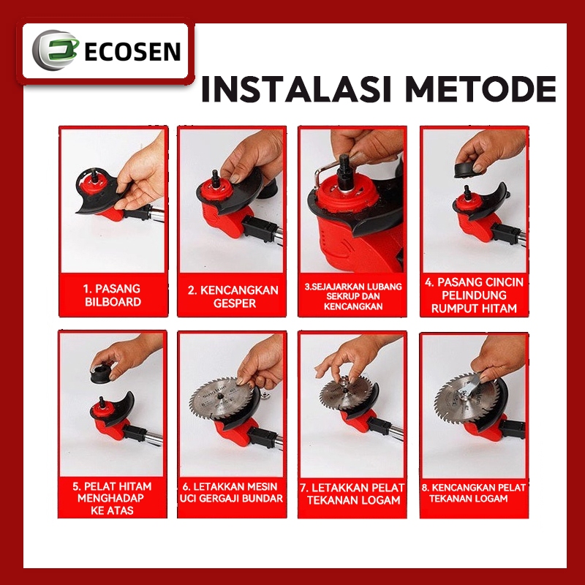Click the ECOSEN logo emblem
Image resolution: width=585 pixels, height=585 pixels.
50,51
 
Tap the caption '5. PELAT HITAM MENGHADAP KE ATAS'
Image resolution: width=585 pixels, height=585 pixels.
113,497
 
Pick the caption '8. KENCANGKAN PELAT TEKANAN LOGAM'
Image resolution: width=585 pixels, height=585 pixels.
473,493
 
